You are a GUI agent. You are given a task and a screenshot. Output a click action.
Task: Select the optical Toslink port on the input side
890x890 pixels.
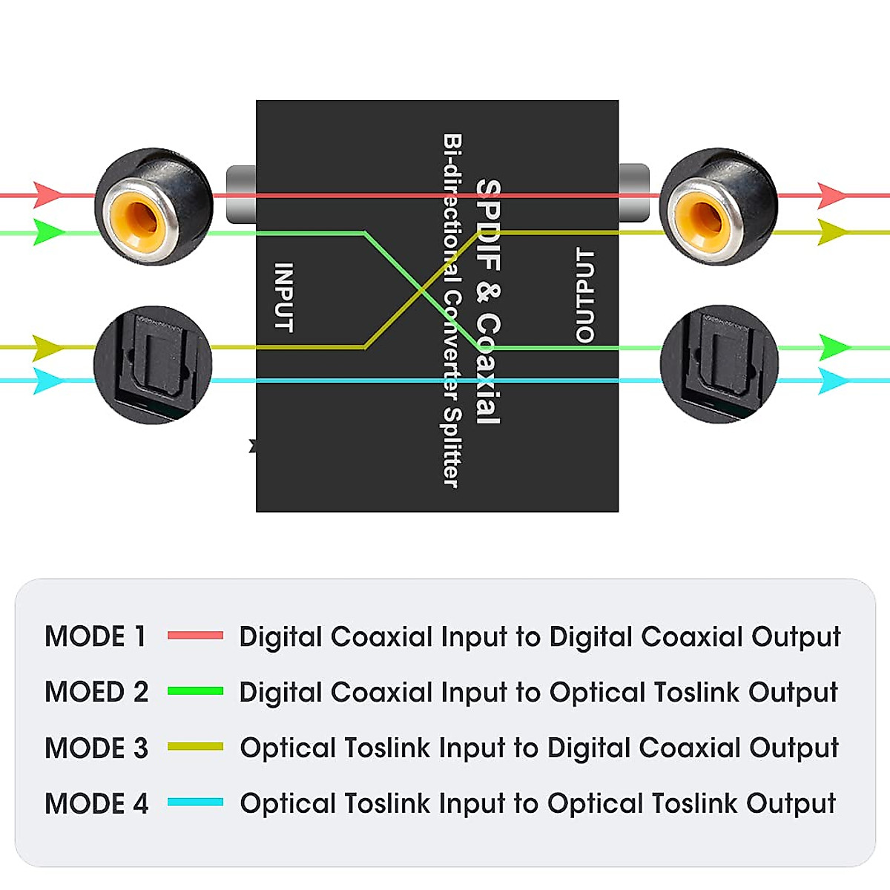click(154, 364)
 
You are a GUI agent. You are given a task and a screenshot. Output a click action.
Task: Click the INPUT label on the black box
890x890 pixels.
click(284, 297)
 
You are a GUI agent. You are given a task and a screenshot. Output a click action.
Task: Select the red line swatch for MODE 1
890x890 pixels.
click(195, 636)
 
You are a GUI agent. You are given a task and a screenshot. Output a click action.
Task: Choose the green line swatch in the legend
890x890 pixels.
click(195, 691)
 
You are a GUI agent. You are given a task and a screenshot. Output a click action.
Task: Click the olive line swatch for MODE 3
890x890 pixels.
click(195, 747)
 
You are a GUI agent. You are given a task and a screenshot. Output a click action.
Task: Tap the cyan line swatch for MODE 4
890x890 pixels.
click(195, 802)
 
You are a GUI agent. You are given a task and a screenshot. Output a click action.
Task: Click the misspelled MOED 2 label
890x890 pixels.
click(96, 692)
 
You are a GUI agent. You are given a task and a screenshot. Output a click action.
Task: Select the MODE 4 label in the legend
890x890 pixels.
click(96, 803)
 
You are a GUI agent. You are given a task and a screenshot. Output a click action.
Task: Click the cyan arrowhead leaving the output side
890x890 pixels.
click(833, 381)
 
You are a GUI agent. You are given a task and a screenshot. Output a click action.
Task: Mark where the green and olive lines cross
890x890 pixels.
click(422, 290)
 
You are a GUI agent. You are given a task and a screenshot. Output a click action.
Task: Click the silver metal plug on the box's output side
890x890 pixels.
click(634, 193)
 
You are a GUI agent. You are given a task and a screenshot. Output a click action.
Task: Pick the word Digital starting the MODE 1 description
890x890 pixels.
click(280, 637)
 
